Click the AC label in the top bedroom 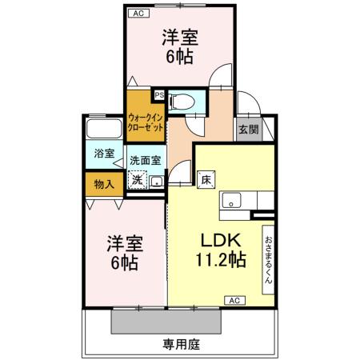click(x=138, y=13)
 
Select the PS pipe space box click(x=159, y=94)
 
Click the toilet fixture click(x=182, y=101)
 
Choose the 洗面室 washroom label click(x=146, y=160)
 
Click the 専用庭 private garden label click(x=180, y=345)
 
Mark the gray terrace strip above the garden click(x=166, y=322)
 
